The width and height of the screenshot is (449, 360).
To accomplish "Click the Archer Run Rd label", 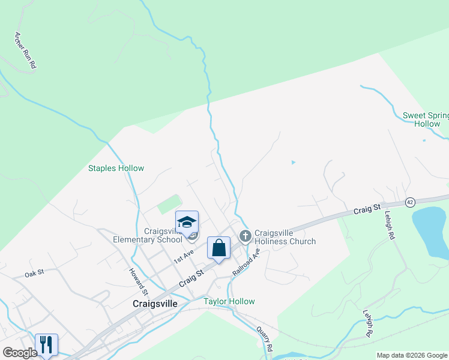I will (x=25, y=52).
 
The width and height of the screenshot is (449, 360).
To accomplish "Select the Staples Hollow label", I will (x=116, y=169).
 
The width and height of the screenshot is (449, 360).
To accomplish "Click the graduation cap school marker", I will (x=187, y=223).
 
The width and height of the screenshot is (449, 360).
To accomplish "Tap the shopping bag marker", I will (x=218, y=248).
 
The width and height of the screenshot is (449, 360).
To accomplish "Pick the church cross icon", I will (x=245, y=236).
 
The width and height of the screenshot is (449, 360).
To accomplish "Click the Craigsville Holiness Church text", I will (x=285, y=238).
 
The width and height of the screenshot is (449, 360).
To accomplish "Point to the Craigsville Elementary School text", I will (x=148, y=235).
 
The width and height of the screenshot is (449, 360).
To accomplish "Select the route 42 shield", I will (x=410, y=202).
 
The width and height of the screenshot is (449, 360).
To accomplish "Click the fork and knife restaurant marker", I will (x=46, y=344).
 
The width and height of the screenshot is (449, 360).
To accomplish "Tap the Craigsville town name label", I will (x=155, y=304).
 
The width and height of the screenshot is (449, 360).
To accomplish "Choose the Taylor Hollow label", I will (x=229, y=302).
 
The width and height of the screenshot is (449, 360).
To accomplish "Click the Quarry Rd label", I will (x=265, y=338).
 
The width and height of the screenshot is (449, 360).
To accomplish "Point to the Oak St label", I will (x=34, y=273).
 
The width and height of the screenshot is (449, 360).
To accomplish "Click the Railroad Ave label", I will (x=246, y=262).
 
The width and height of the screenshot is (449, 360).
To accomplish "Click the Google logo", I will (x=19, y=353).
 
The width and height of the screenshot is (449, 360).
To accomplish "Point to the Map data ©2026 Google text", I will (x=411, y=355).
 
